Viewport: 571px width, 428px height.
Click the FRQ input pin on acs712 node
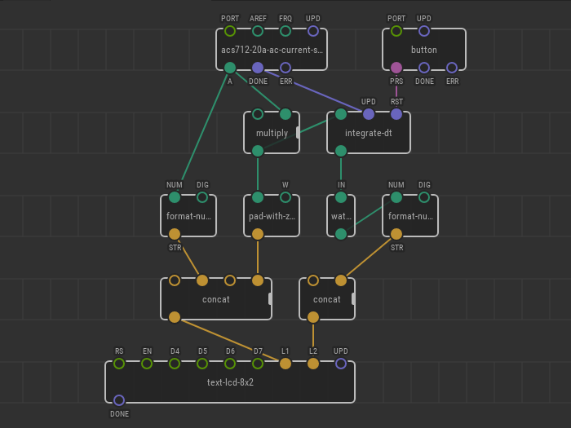pyautogui.click(x=285, y=31)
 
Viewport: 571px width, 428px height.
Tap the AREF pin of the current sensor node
pyautogui.click(x=258, y=31)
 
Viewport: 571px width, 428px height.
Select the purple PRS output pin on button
pyautogui.click(x=396, y=68)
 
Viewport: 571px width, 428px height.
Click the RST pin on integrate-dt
pyautogui.click(x=396, y=114)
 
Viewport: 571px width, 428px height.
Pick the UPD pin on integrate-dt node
pyautogui.click(x=369, y=114)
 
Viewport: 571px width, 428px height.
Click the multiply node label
pyautogui.click(x=272, y=133)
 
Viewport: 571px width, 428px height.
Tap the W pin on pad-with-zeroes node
pyautogui.click(x=285, y=197)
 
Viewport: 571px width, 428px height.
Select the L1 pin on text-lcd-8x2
pyautogui.click(x=285, y=364)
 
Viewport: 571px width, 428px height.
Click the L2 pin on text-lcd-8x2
pyautogui.click(x=313, y=364)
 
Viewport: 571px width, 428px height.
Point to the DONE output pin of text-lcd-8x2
pyautogui.click(x=119, y=400)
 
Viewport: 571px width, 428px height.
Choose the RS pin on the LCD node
pyautogui.click(x=119, y=364)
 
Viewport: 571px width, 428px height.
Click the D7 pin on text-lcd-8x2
pyautogui.click(x=258, y=364)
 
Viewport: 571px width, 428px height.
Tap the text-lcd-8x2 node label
pyautogui.click(x=230, y=382)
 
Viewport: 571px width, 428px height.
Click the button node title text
pyautogui.click(x=424, y=50)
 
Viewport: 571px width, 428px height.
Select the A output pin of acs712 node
pyautogui.click(x=230, y=68)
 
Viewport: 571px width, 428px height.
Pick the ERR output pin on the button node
pyautogui.click(x=452, y=68)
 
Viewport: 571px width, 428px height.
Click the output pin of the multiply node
pyautogui.click(x=258, y=151)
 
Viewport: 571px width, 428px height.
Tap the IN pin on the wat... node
pyautogui.click(x=341, y=197)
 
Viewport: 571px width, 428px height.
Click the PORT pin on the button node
pyautogui.click(x=396, y=31)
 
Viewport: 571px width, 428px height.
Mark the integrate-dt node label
pyautogui.click(x=369, y=133)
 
